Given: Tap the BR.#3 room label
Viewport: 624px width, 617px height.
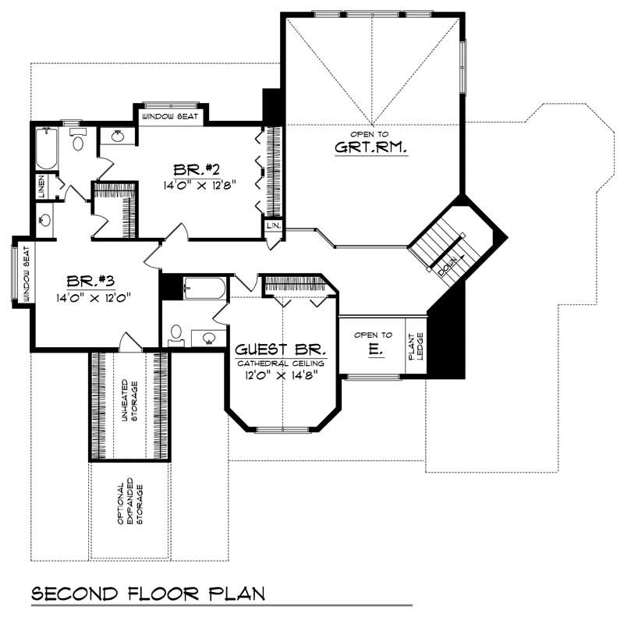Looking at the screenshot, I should click(x=87, y=282).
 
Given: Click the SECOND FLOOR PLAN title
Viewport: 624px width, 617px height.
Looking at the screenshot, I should click(x=148, y=594).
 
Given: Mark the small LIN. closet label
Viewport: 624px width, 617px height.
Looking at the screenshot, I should click(x=273, y=226).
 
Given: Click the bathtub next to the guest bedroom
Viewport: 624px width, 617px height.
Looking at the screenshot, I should click(x=204, y=290).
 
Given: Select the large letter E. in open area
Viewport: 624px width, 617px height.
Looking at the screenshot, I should click(x=375, y=352).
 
